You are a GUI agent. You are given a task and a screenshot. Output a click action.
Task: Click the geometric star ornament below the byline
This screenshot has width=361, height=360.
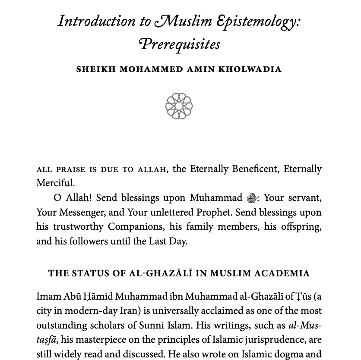click(179, 106)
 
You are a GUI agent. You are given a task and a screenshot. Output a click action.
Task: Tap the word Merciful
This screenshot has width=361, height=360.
click(55, 183)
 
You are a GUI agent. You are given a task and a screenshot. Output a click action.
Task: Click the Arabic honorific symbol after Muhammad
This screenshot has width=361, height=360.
click(251, 198)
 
